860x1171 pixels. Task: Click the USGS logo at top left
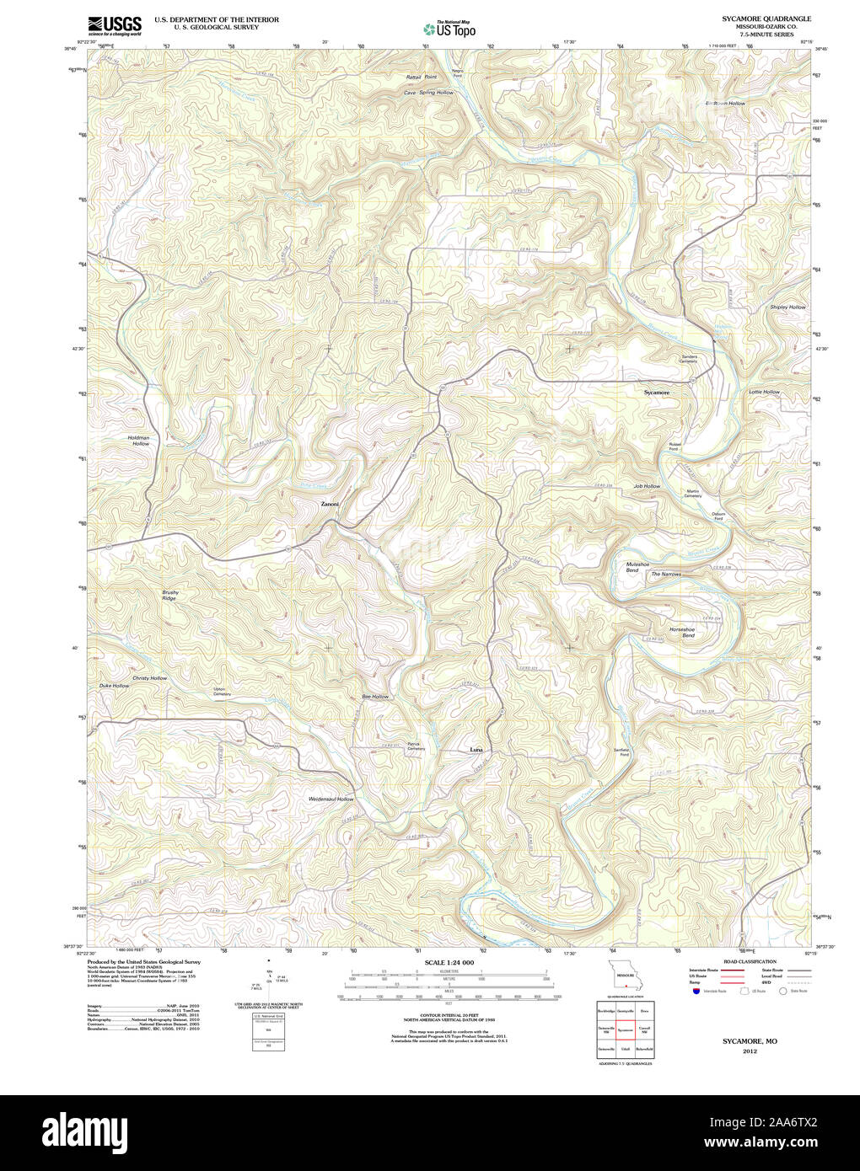coord(115,25)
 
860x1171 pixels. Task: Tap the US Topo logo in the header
coord(449,29)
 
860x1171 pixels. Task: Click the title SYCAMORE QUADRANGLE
coord(766,18)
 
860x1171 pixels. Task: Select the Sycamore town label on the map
coord(656,393)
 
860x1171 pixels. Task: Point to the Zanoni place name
coord(330,504)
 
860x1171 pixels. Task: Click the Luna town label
coord(476,749)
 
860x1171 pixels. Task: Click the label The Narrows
coord(665,575)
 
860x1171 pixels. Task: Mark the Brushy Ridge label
coord(170,595)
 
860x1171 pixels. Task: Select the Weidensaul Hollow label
coord(331,799)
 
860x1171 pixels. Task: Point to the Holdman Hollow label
coord(139,441)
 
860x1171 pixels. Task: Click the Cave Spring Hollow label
coord(428,93)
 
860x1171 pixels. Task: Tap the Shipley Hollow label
coord(787,307)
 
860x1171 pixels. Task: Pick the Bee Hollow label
coord(375,697)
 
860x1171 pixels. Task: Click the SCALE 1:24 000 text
coord(449,962)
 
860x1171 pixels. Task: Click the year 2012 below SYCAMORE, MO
coord(750,1051)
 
